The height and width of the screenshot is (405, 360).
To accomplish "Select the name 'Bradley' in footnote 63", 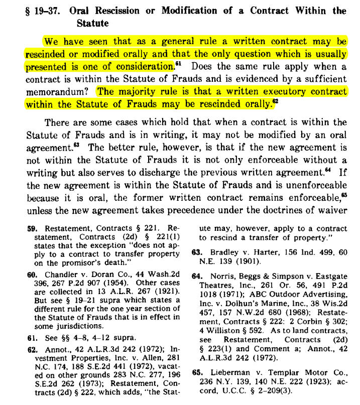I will pyautogui.click(x=222, y=253).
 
